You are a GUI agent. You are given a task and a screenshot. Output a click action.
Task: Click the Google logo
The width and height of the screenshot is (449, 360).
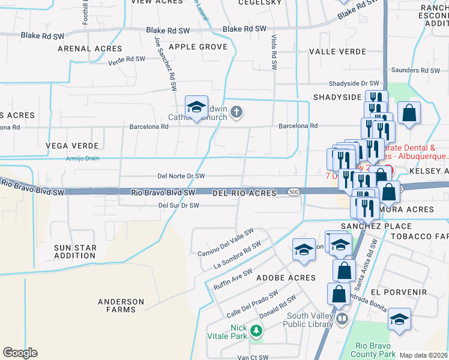click(x=20, y=353)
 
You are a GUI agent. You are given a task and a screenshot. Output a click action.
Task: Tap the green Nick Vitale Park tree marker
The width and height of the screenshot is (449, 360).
click(x=256, y=331)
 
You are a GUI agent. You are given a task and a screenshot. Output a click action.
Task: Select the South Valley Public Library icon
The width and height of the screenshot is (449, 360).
click(x=342, y=319)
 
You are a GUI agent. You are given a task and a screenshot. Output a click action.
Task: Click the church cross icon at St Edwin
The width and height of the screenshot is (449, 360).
click(x=237, y=111)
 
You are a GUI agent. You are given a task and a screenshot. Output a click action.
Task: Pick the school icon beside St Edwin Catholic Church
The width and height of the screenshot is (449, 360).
click(x=196, y=107)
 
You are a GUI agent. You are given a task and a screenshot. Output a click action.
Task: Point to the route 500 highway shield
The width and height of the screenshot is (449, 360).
click(x=293, y=192)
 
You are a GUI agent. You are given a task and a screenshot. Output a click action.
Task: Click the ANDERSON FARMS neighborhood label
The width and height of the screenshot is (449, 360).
click(x=121, y=306)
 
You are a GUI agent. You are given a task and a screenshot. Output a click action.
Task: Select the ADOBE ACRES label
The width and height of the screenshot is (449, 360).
click(x=286, y=278)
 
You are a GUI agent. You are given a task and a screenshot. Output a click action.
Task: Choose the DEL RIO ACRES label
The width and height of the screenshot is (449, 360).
click(x=244, y=193)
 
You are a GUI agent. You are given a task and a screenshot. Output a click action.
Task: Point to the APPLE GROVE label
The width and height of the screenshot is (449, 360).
click(x=198, y=47)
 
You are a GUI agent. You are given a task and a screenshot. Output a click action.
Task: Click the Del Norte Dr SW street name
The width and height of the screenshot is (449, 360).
click(x=181, y=176)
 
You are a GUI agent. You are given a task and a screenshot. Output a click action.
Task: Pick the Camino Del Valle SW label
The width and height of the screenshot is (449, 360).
click(x=226, y=242)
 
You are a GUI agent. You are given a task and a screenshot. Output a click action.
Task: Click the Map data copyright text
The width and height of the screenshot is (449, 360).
click(x=424, y=355)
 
